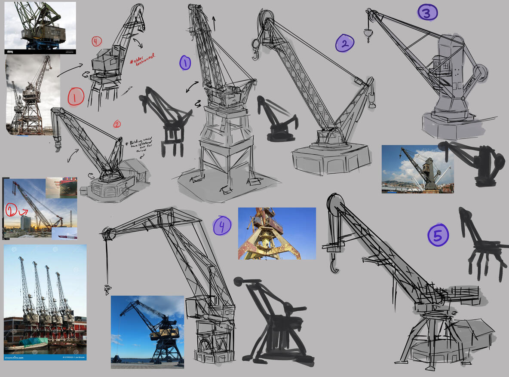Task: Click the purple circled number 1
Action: (185, 63)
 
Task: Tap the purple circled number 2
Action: (345, 43)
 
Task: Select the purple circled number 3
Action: (427, 12)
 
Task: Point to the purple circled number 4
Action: (222, 226)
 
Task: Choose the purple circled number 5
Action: (438, 236)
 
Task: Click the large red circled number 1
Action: (75, 97)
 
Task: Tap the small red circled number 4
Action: (96, 41)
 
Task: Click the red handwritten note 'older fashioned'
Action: (142, 59)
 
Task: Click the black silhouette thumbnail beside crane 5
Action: (484, 245)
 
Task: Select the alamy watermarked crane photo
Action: (40, 27)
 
